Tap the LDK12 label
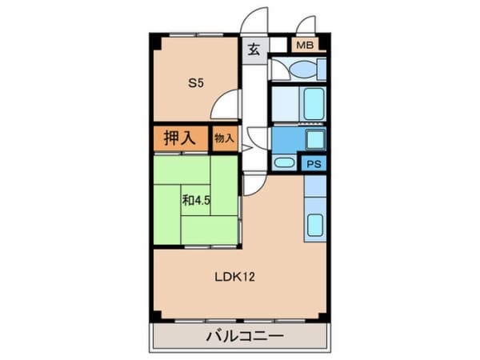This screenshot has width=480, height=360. point(234,278)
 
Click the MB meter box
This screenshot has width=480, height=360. point(305,45)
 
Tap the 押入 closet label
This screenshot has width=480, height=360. point(179,138)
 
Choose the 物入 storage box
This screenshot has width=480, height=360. point(224,138)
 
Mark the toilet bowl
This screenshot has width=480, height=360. point(284,69)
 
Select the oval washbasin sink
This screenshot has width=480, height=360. point(283,163)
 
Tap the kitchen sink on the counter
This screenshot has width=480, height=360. point(315,226)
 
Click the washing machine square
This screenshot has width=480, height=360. point(314,140)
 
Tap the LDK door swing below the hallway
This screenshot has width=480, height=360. point(254,182)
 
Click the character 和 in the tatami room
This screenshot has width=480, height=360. point(187,201)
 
